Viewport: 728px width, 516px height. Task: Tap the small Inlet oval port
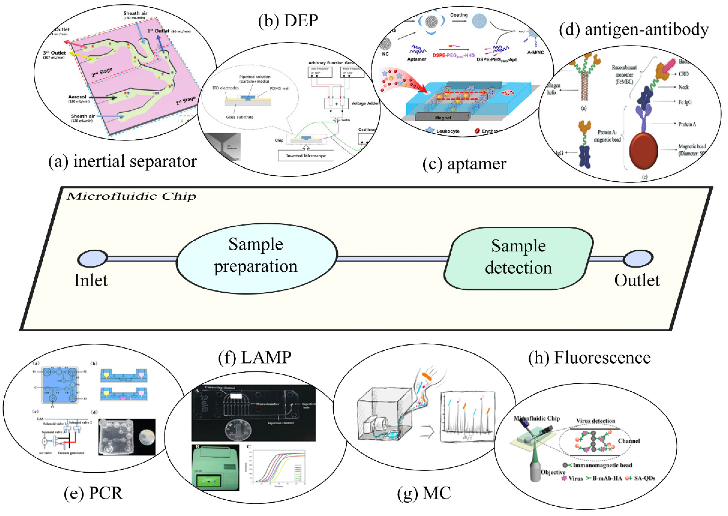point(92,258)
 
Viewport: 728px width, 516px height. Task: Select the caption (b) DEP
point(288,21)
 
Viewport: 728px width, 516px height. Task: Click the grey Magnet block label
point(443,117)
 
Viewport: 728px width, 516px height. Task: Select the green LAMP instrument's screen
point(209,480)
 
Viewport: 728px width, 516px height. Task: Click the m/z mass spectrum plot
point(467,417)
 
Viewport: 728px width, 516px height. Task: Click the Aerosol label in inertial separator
point(77,97)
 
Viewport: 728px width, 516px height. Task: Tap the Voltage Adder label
point(365,104)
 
